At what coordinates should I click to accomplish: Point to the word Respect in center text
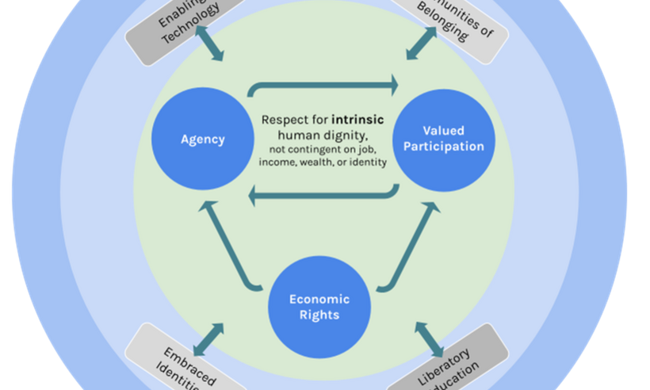click(x=285, y=120)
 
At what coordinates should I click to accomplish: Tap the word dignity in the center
click(x=348, y=135)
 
